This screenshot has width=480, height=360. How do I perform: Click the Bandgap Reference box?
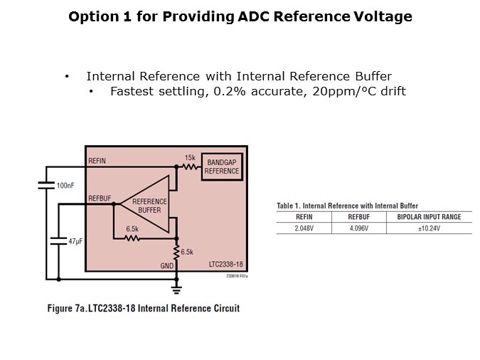click(222, 167)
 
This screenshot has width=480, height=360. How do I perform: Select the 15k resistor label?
click(190, 157)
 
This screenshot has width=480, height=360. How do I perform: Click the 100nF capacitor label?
click(65, 186)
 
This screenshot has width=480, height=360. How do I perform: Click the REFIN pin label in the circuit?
click(97, 162)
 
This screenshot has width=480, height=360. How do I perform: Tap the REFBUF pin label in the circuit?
click(99, 198)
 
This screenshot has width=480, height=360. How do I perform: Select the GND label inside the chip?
click(167, 265)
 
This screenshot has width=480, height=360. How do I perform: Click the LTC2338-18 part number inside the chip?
click(225, 265)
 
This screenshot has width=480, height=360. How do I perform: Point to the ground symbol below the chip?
click(177, 288)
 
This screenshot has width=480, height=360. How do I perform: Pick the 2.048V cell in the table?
click(303, 228)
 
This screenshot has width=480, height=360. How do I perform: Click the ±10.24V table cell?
click(429, 228)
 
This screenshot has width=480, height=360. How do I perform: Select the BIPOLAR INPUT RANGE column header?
click(429, 217)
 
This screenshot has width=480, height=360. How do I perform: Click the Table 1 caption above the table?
click(348, 206)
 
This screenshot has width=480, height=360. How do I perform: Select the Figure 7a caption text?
click(151, 308)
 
